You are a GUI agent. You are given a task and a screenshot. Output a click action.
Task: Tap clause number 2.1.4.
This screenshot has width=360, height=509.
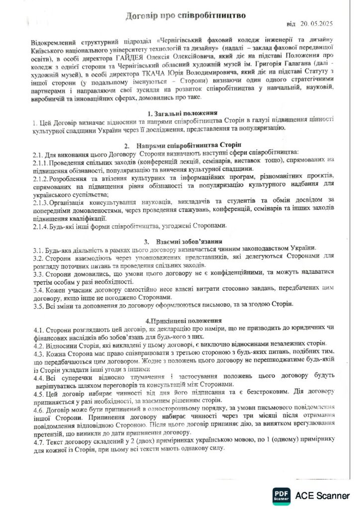(41, 226)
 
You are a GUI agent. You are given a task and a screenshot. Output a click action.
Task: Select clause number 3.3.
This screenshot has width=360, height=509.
(38, 273)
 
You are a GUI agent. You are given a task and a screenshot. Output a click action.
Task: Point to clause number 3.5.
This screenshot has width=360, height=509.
(38, 304)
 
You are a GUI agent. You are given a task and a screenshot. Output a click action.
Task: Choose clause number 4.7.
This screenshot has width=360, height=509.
(38, 441)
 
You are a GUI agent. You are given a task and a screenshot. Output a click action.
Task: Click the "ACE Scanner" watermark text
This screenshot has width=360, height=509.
(322, 496)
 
